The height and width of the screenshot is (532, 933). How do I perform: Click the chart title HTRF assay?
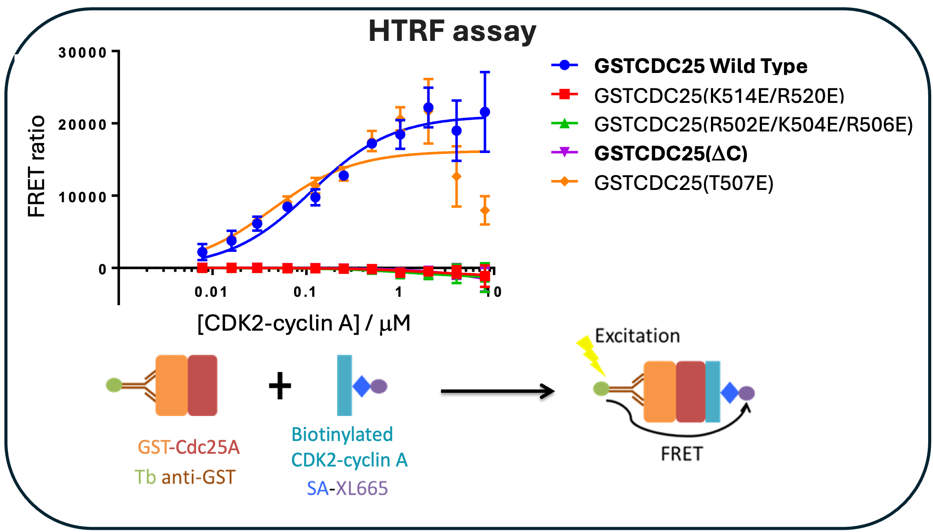(x=452, y=32)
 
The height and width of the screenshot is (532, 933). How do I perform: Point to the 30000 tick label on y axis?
(x=83, y=53)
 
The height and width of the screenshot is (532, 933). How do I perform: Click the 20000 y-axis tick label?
(x=83, y=125)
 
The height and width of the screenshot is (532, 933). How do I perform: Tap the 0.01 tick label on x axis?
(x=211, y=292)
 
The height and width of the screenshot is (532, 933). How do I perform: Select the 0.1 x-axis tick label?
(x=305, y=292)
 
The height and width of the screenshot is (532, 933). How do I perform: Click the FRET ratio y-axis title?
(x=36, y=166)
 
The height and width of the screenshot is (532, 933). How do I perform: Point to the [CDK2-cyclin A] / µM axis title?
(x=304, y=324)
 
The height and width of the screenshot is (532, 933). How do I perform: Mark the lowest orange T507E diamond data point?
(x=485, y=211)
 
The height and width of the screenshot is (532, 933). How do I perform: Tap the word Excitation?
(x=638, y=336)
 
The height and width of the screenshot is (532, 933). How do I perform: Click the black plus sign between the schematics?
(x=280, y=386)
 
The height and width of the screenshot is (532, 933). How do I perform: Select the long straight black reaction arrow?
(x=498, y=391)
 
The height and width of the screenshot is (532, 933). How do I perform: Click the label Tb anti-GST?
(x=185, y=477)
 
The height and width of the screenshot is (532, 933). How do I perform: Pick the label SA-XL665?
(x=347, y=488)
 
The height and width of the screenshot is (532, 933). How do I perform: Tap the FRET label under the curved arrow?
(x=682, y=454)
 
